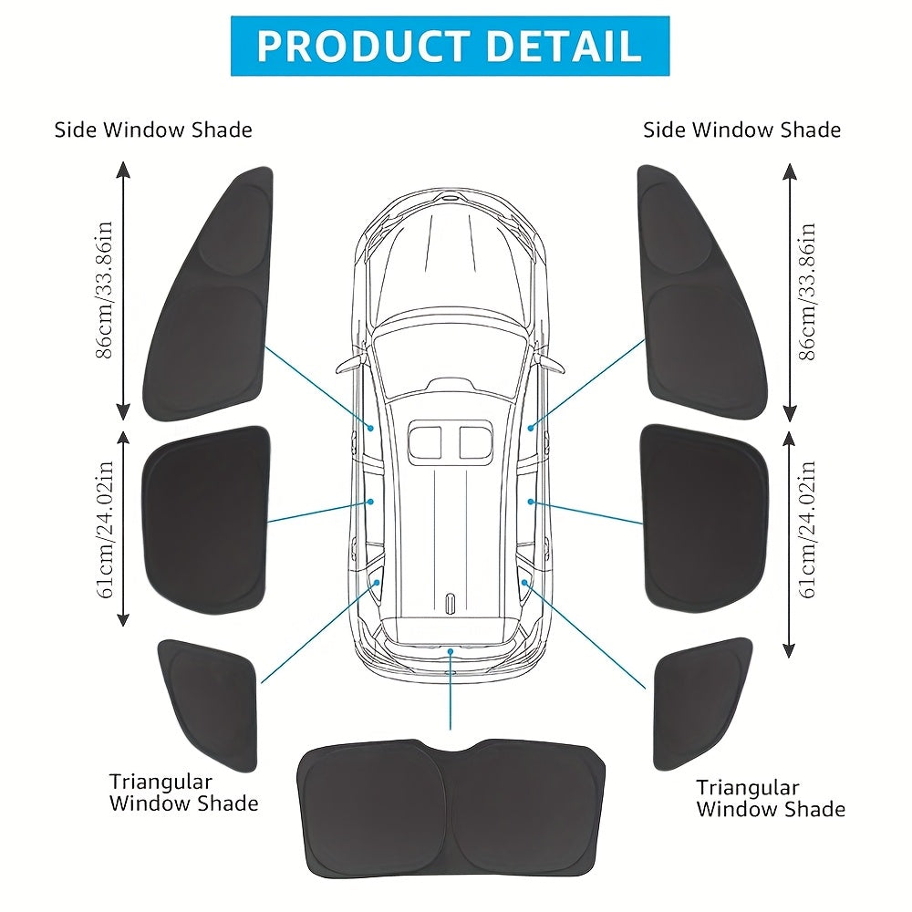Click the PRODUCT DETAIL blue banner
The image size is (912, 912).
(x=450, y=46)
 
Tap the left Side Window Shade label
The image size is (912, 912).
(x=153, y=130)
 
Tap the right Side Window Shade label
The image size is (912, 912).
(x=741, y=130)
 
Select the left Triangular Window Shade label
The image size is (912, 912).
(x=183, y=793)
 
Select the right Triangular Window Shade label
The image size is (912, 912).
(x=771, y=798)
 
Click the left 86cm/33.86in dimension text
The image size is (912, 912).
(x=107, y=290)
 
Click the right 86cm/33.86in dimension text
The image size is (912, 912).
(x=808, y=290)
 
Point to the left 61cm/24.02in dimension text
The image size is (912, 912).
(x=107, y=529)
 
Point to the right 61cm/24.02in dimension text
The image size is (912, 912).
(x=808, y=529)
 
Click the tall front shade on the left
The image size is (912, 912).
(x=212, y=301)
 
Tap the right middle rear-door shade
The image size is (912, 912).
(x=705, y=520)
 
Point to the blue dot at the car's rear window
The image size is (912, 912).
(x=451, y=650)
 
